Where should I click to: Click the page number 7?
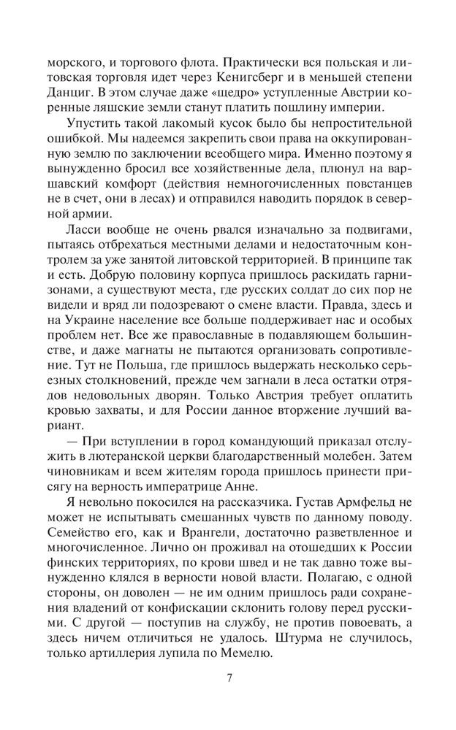229,677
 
